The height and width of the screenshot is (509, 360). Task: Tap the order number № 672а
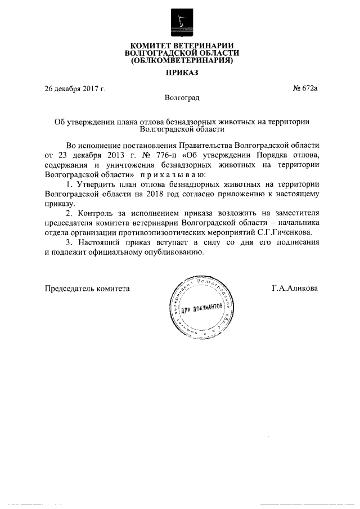[305, 88]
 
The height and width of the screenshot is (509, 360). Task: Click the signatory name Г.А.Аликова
[294, 289]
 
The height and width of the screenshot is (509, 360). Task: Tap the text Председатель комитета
[87, 289]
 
